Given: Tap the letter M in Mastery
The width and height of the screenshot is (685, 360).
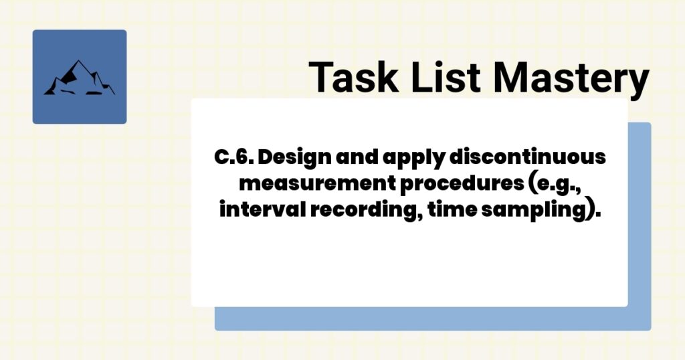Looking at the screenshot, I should tap(514, 77).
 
